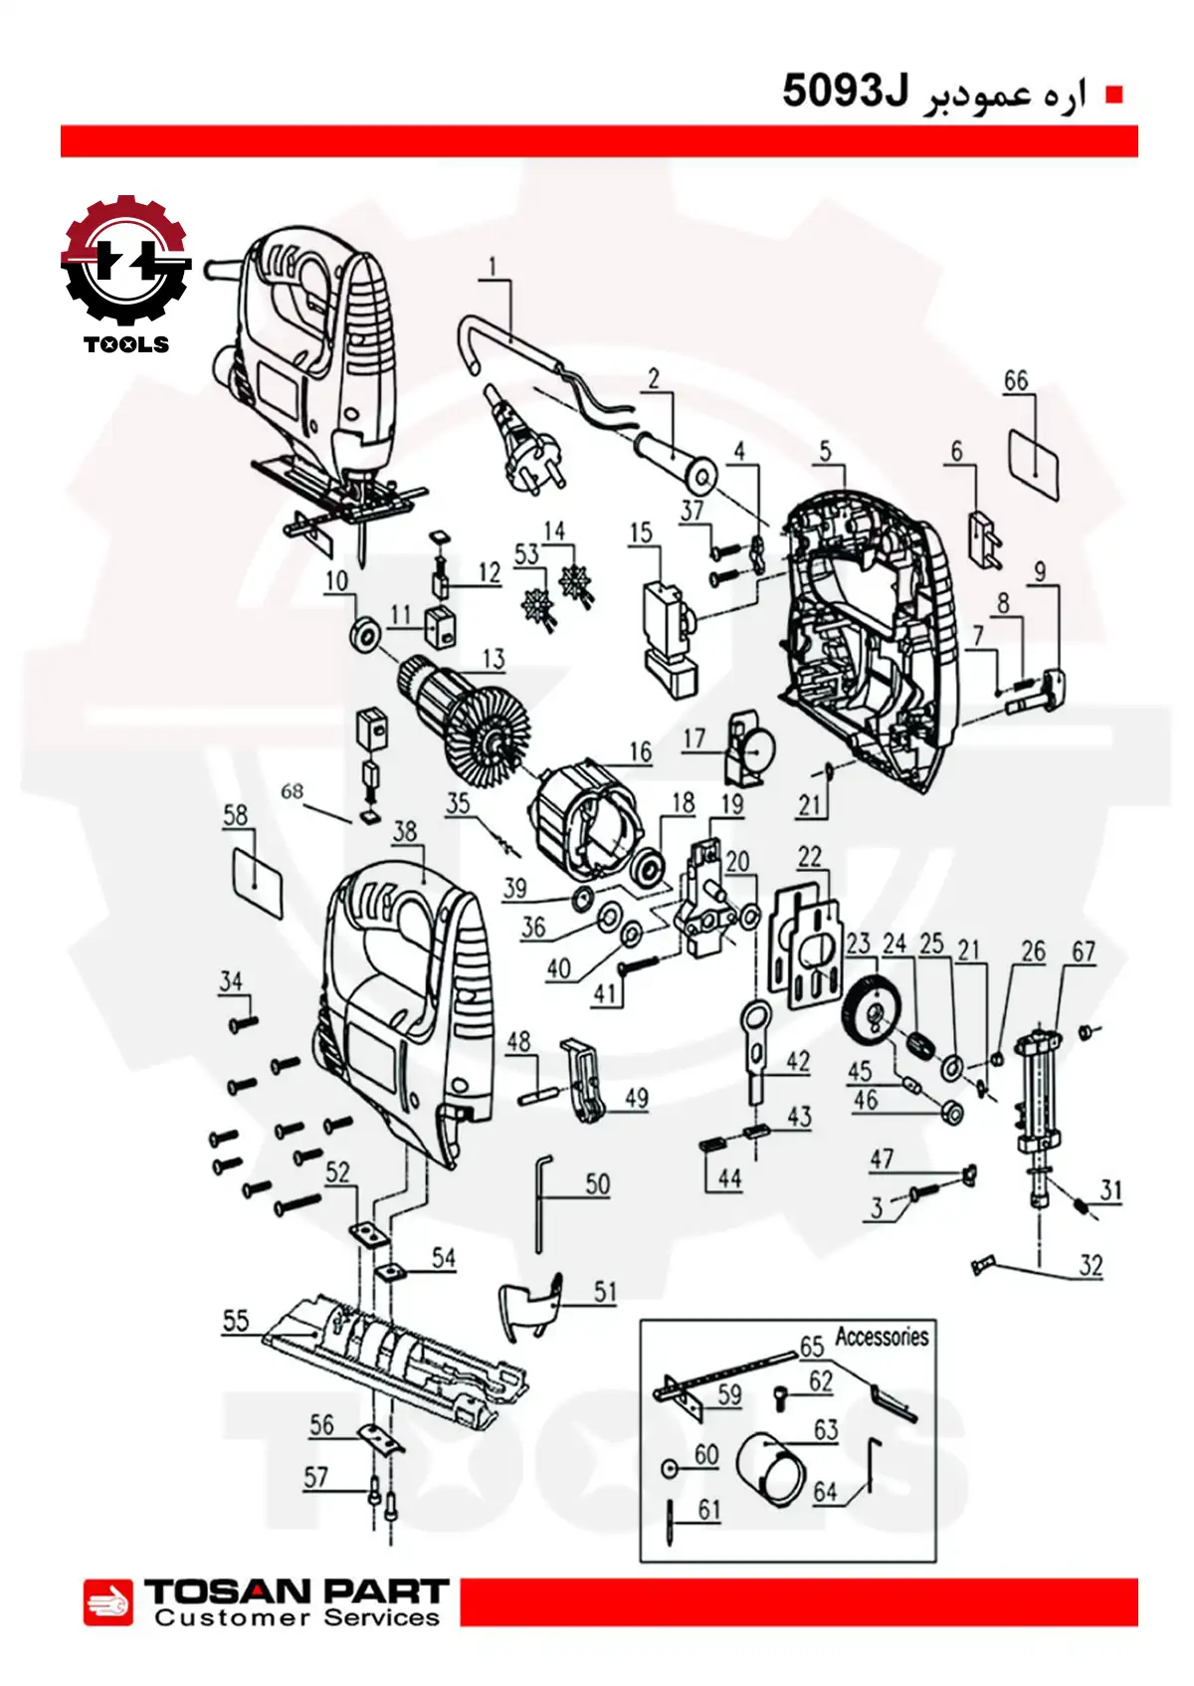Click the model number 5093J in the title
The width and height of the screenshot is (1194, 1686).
pyautogui.click(x=846, y=92)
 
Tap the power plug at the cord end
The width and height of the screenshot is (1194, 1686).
pyautogui.click(x=519, y=443)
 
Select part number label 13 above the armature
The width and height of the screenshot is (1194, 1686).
pyautogui.click(x=494, y=659)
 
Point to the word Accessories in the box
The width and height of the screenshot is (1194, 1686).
pyautogui.click(x=882, y=1336)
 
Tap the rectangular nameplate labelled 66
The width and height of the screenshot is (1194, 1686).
pyautogui.click(x=1035, y=460)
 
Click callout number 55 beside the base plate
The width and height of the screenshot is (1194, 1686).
pyautogui.click(x=236, y=1321)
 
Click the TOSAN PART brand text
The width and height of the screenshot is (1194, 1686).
pyautogui.click(x=297, y=1591)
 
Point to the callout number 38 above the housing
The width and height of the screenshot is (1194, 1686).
pyautogui.click(x=405, y=831)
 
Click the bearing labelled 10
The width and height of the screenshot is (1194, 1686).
pyautogui.click(x=365, y=633)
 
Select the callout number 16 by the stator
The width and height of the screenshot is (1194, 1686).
pyautogui.click(x=640, y=751)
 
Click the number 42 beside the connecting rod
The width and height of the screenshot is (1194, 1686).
pyautogui.click(x=798, y=1061)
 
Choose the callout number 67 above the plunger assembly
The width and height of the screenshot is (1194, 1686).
pyautogui.click(x=1084, y=951)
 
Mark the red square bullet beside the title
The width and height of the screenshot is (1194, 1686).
pyautogui.click(x=1114, y=95)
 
